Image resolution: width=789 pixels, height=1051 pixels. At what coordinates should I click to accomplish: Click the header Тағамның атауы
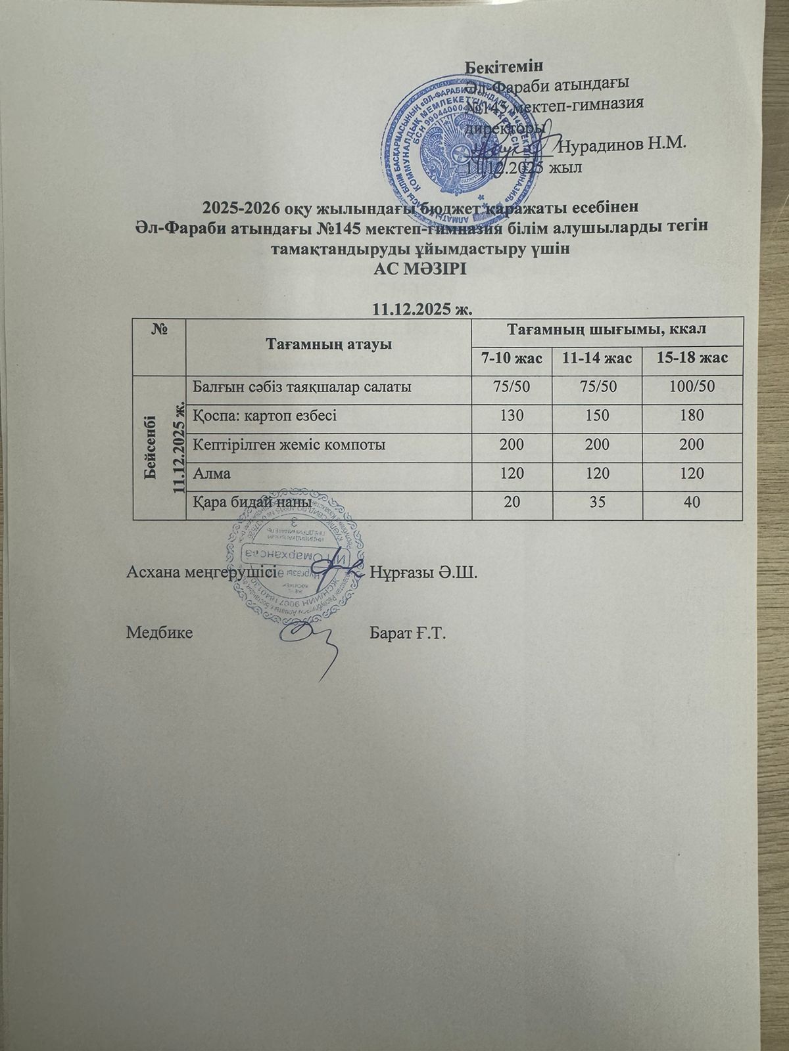coord(329,344)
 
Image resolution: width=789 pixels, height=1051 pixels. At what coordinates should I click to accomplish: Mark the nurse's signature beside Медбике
coord(312,640)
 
